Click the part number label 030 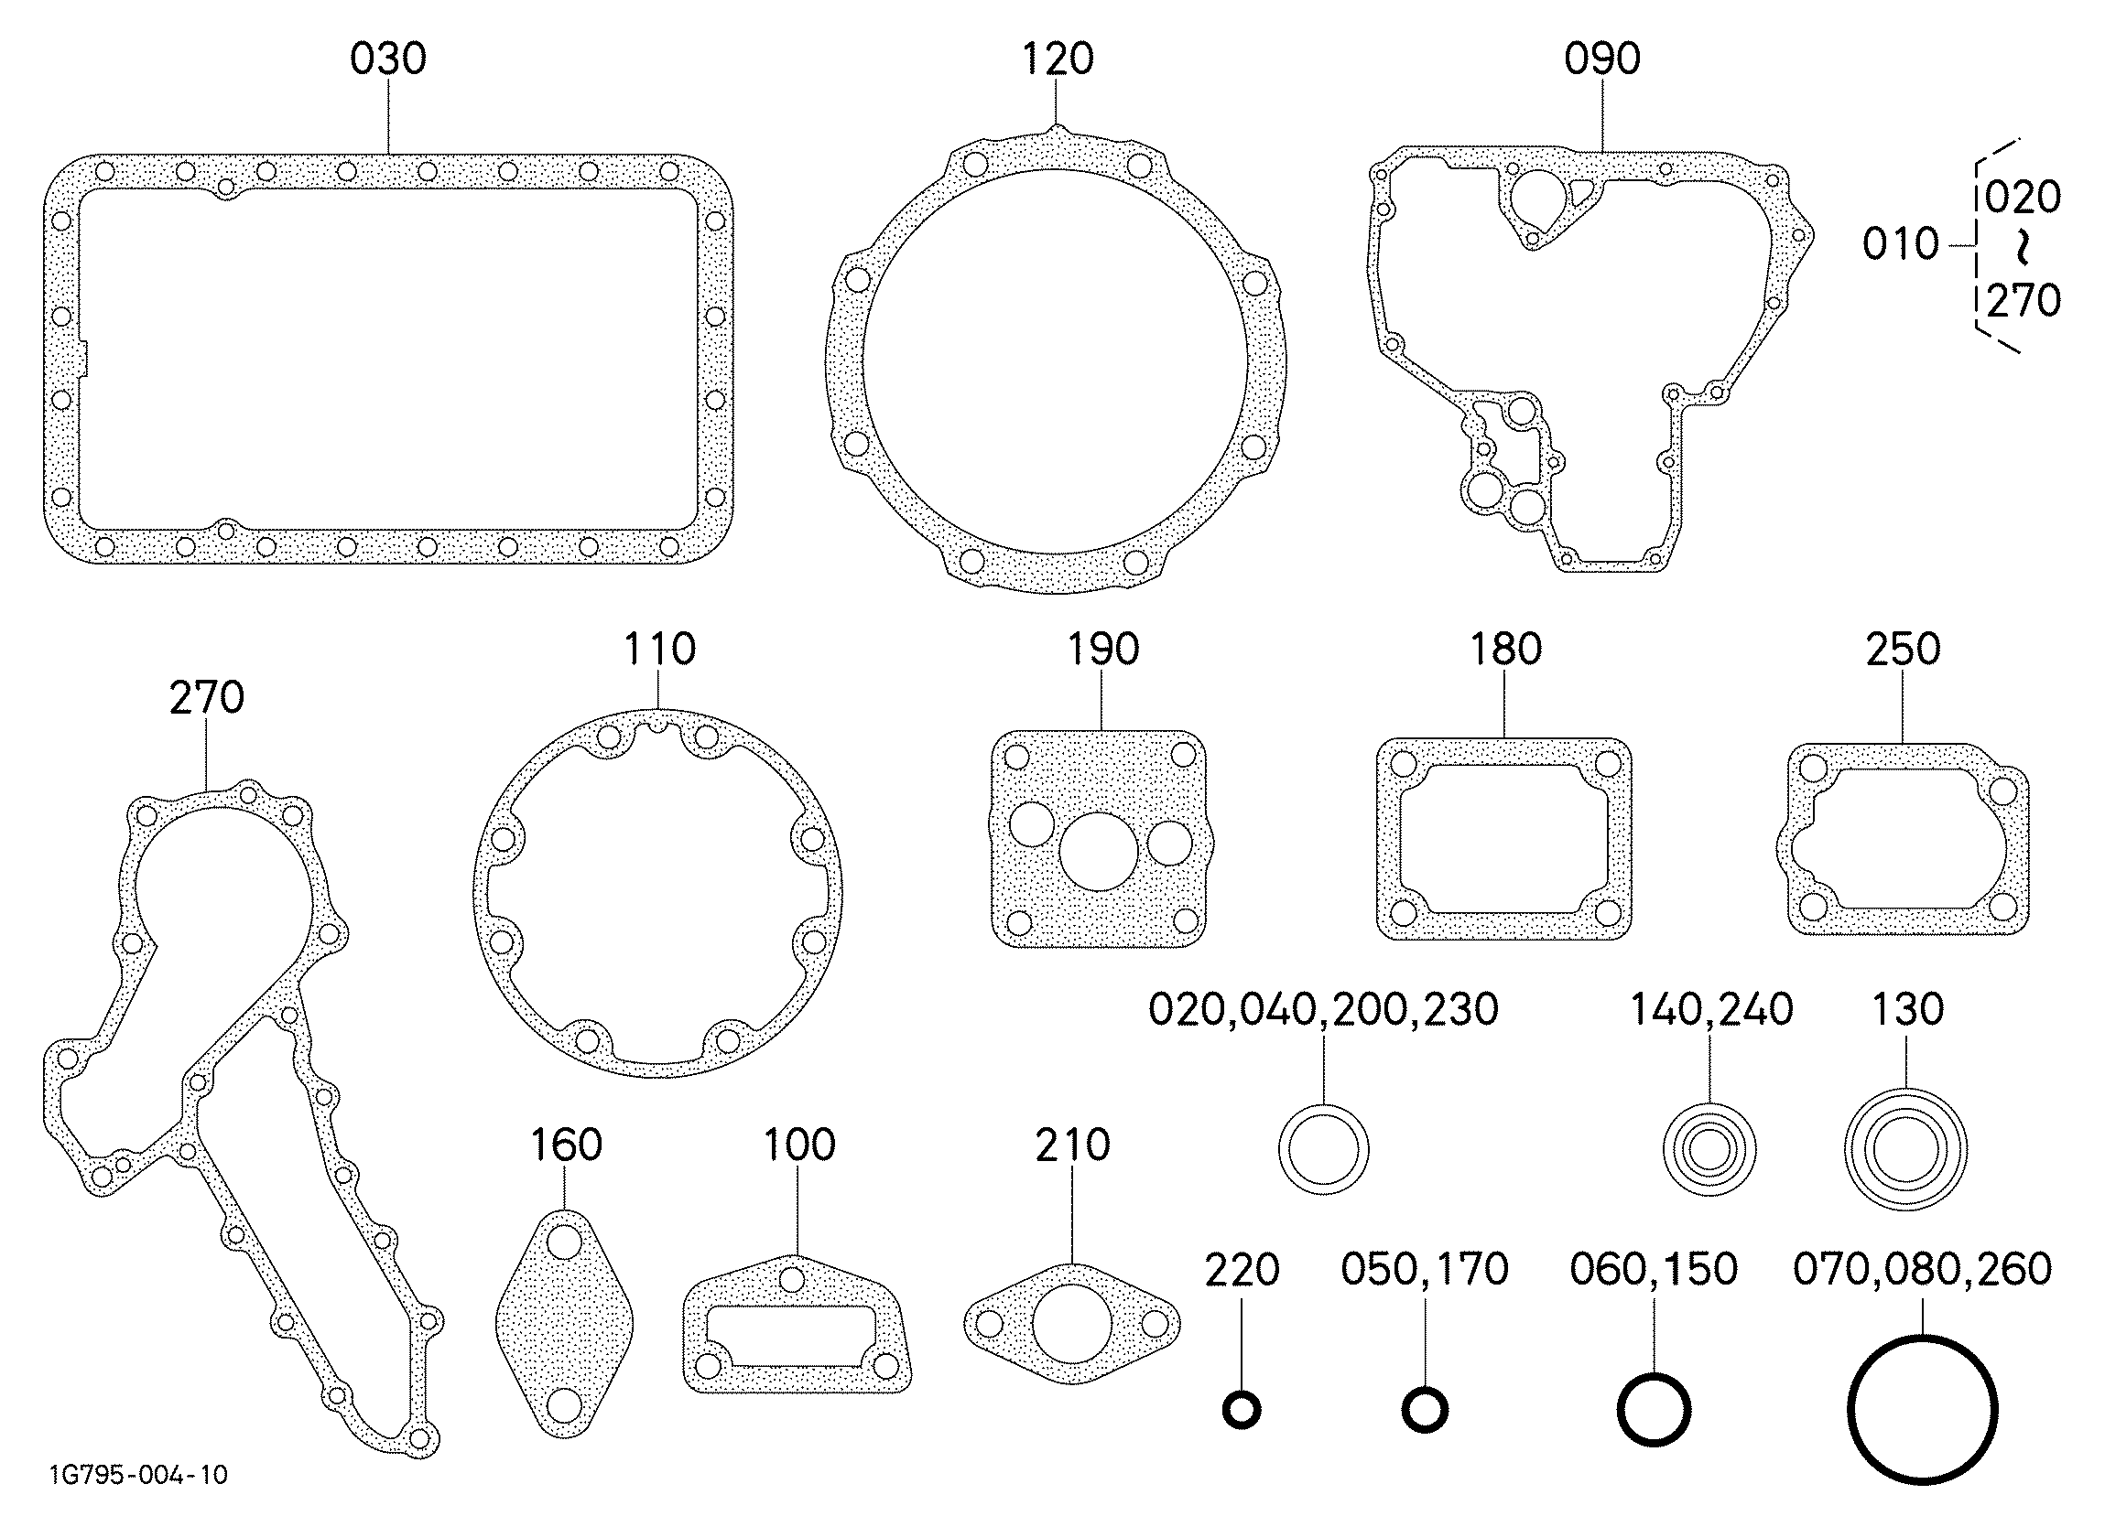(x=388, y=59)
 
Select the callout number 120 (x=1058, y=59)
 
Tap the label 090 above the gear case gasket (x=1602, y=59)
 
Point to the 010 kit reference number (x=1900, y=244)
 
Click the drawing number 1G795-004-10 (x=138, y=1474)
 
